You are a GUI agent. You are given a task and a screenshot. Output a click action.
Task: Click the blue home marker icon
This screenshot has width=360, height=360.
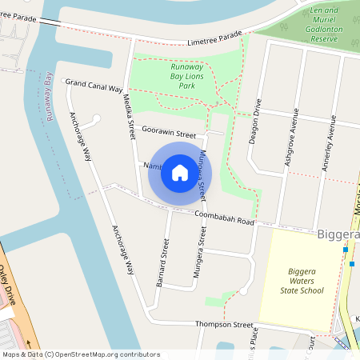coord(179,172)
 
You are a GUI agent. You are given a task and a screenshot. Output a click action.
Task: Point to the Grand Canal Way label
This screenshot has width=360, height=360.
coord(94,85)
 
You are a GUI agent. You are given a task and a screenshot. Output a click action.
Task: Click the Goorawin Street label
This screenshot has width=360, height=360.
coord(169,132)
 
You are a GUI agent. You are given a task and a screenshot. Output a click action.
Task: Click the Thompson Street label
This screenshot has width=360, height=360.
coord(226,325)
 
